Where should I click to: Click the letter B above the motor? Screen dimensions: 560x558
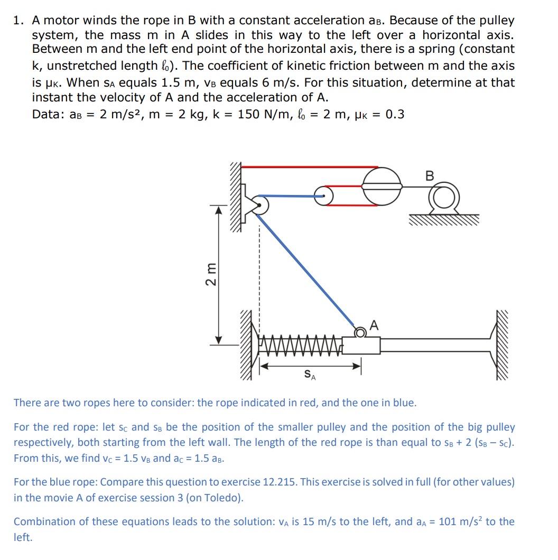(x=429, y=176)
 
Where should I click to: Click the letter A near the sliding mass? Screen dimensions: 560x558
(x=374, y=325)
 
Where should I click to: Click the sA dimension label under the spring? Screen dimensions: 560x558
(x=311, y=374)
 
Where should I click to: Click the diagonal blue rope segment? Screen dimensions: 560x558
(x=306, y=267)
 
